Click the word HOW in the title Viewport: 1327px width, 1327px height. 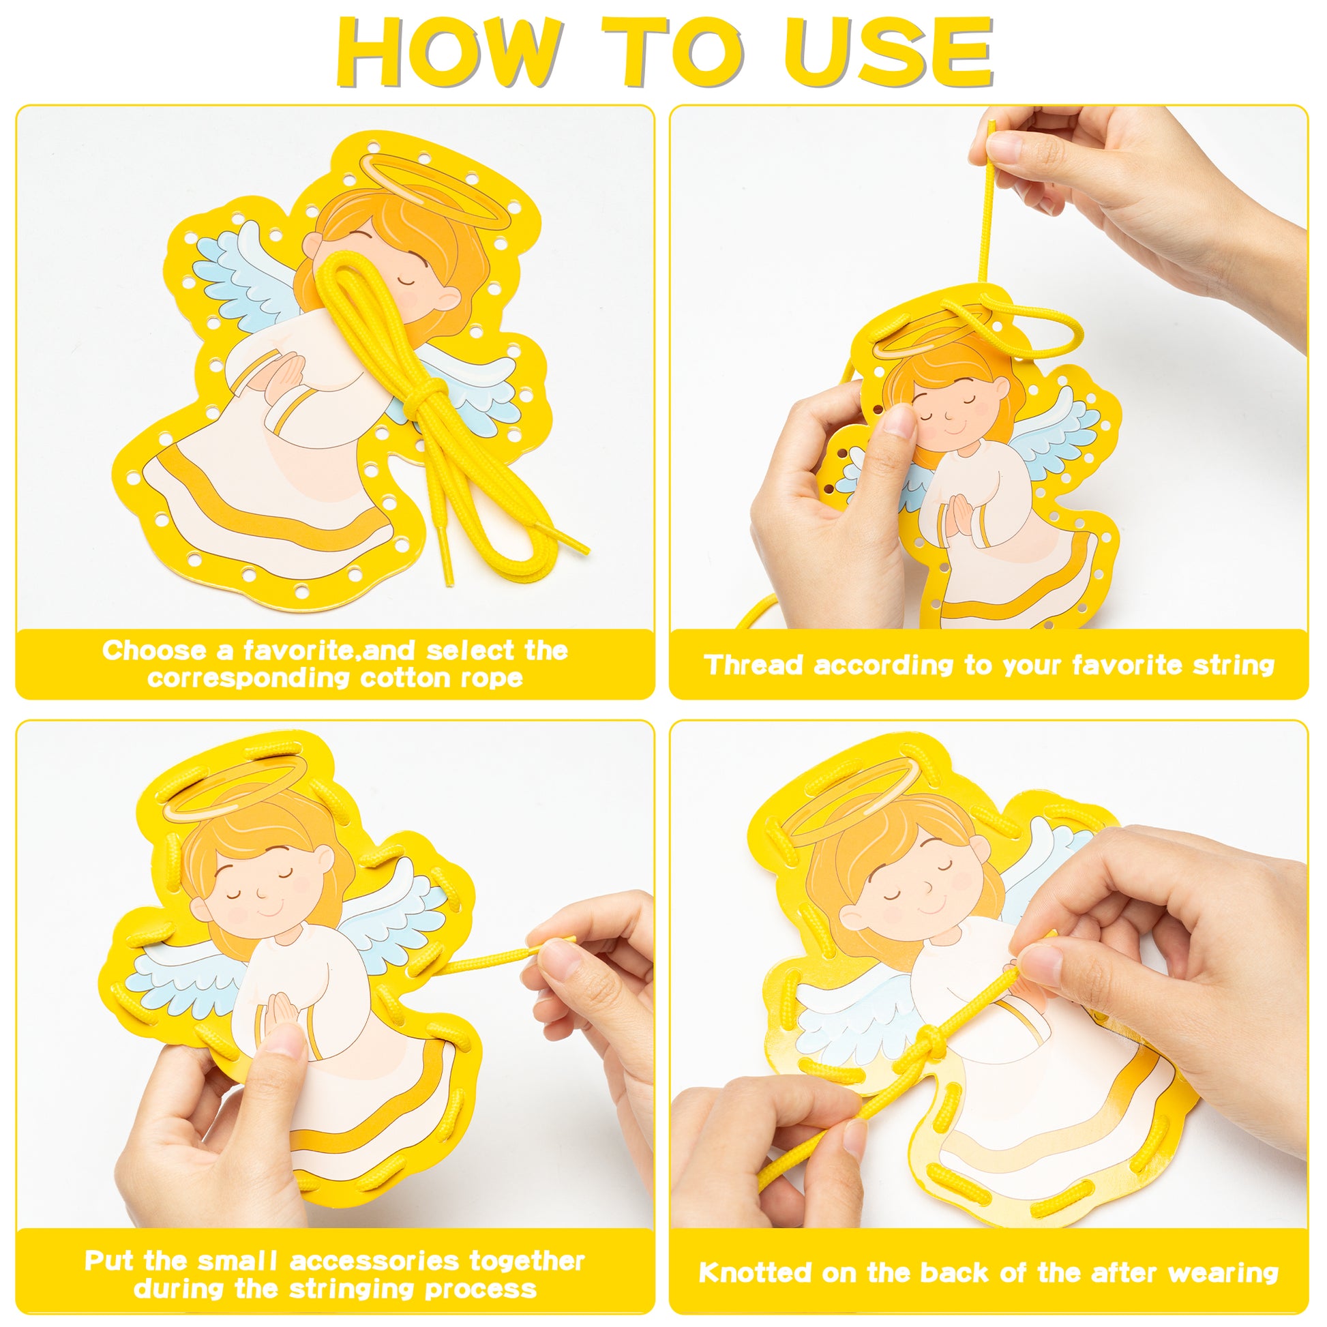[449, 53]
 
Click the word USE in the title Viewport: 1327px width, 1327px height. [891, 53]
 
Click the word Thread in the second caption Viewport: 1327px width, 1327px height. [753, 665]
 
